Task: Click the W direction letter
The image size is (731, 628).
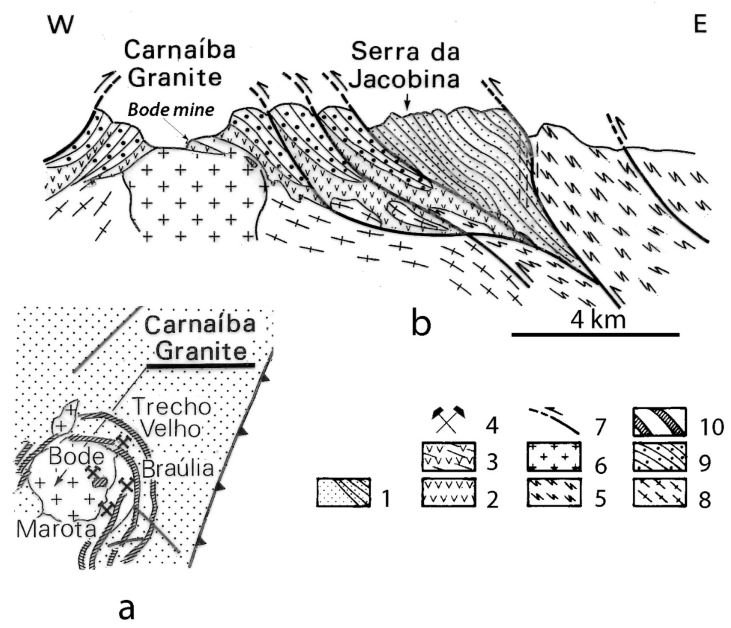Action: pyautogui.click(x=61, y=24)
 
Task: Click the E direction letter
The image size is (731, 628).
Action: pyautogui.click(x=700, y=24)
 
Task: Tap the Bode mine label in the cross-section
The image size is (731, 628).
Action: pyautogui.click(x=171, y=110)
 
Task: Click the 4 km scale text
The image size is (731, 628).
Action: pyautogui.click(x=598, y=320)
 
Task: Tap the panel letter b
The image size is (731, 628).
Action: pyautogui.click(x=421, y=324)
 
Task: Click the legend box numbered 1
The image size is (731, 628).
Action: pyautogui.click(x=343, y=493)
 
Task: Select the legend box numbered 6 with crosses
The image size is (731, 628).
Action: pyautogui.click(x=554, y=457)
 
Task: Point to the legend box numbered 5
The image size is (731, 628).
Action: pyautogui.click(x=554, y=493)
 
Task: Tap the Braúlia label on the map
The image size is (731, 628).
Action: pyautogui.click(x=178, y=468)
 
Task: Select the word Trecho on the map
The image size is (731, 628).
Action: pyautogui.click(x=171, y=406)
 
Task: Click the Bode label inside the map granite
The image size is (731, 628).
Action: pyautogui.click(x=76, y=456)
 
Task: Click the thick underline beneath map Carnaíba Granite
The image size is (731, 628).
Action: pyautogui.click(x=200, y=366)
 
